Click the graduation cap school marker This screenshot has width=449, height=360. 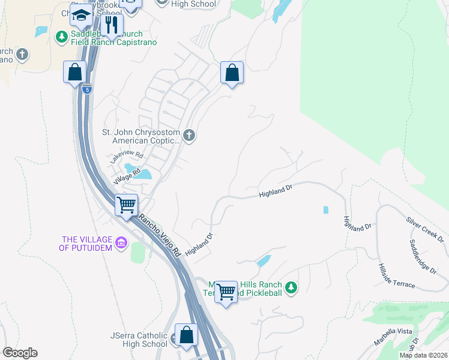(x=81, y=15)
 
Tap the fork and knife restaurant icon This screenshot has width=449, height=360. (x=111, y=25)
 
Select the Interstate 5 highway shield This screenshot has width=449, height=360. (x=88, y=89)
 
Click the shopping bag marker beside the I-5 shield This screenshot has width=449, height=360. (x=75, y=73)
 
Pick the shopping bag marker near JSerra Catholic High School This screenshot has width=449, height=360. (x=187, y=335)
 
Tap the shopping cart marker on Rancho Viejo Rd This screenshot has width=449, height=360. (x=126, y=205)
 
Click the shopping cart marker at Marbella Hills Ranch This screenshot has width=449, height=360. (x=226, y=293)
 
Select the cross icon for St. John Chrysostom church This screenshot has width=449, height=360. (x=189, y=135)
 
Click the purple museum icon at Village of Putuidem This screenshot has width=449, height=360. (x=121, y=243)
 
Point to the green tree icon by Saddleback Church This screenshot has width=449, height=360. (x=61, y=37)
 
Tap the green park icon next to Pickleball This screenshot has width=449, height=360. (x=291, y=289)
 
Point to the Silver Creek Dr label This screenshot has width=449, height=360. (x=424, y=229)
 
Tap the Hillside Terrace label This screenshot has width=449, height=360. (x=397, y=275)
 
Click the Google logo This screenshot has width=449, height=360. (x=20, y=353)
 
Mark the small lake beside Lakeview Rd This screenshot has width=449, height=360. (x=142, y=175)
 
